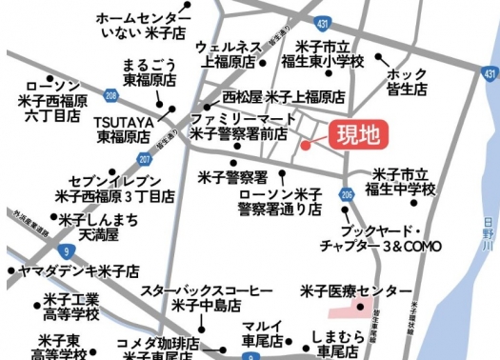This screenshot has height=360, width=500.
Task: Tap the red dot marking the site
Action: (306, 146)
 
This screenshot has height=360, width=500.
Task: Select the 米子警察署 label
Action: (232, 177)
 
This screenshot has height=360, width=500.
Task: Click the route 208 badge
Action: (112, 96)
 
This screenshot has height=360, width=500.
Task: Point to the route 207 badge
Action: (144, 158)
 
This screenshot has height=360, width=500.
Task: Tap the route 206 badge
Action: (344, 194)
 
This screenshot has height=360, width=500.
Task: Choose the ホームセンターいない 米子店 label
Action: (138, 27)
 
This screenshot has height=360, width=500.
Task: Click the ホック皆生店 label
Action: (408, 82)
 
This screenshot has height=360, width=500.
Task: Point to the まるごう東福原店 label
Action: (151, 73)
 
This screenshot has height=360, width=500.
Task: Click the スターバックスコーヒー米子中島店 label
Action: (207, 297)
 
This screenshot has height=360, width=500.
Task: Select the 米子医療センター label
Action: (356, 290)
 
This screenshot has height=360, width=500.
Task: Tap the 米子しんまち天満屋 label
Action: (87, 227)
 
